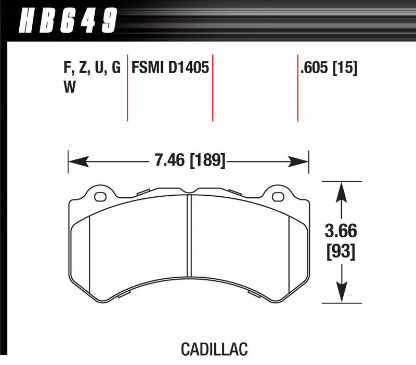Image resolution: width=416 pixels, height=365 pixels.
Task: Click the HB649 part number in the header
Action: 68,21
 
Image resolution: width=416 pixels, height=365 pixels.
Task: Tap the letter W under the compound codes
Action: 68,88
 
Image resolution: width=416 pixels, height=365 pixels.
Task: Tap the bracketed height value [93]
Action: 341,252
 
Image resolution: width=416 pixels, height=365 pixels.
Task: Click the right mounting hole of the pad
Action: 278,196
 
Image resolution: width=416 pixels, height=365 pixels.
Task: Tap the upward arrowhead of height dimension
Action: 341,190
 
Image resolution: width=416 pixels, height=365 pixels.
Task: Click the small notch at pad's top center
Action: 190,191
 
